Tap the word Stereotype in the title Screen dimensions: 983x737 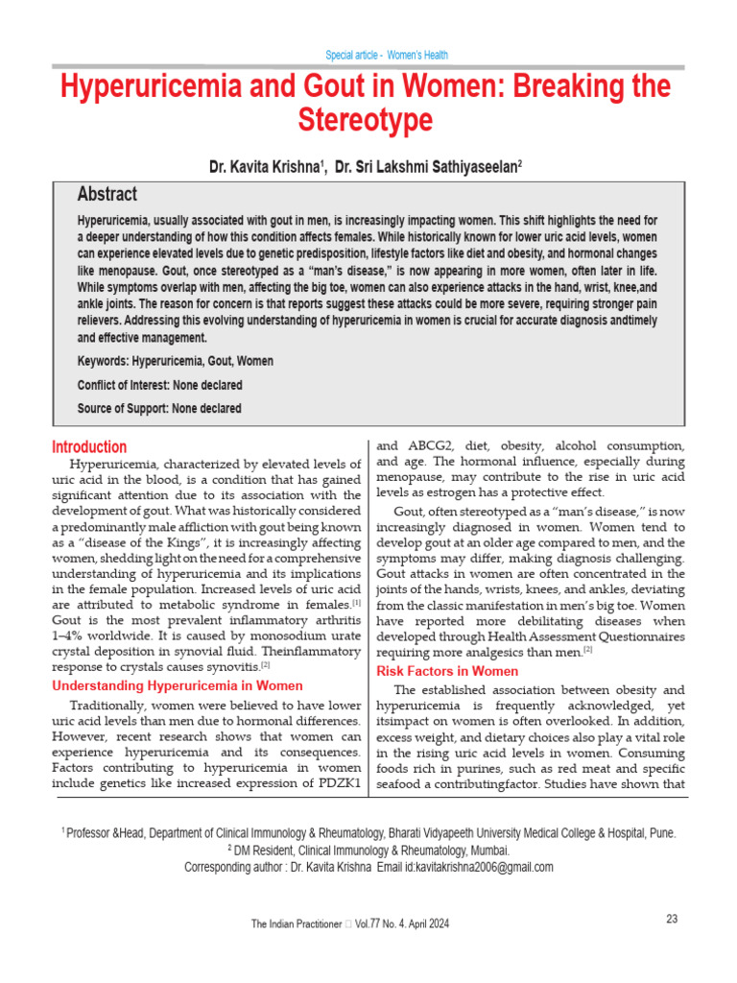tap(368, 121)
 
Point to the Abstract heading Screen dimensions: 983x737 tap(107, 194)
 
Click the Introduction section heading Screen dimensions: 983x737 tap(89, 446)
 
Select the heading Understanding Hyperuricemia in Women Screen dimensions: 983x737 tap(177, 685)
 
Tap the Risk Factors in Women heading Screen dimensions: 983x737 tap(447, 671)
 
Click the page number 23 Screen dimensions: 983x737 tap(672, 919)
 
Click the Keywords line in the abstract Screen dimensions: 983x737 tap(175, 361)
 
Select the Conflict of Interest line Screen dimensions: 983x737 tap(159, 385)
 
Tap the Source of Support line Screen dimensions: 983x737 tap(158, 408)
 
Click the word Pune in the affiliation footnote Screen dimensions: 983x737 tap(660, 834)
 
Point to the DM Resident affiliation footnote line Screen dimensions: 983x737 tap(368, 851)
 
